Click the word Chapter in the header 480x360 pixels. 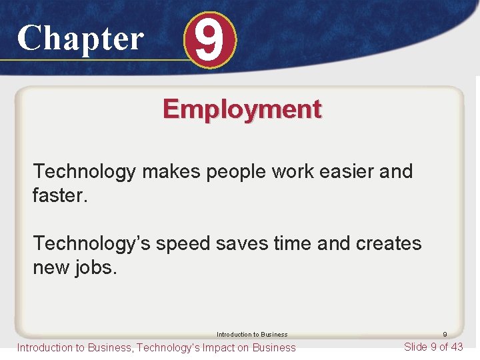pos(80,38)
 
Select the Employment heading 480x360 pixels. pos(242,109)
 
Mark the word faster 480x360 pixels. pos(56,195)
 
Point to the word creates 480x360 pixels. pos(389,243)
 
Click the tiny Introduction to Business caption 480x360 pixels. pos(252,335)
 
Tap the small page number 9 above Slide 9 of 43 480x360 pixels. pos(445,335)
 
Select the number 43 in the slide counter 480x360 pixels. pos(455,347)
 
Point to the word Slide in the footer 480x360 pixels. pos(417,347)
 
